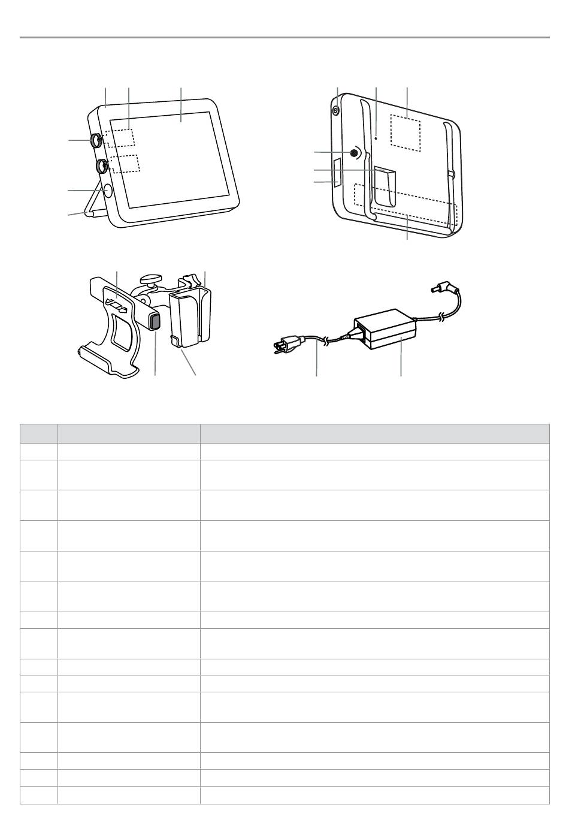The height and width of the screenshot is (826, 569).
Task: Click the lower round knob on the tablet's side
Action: coord(102,165)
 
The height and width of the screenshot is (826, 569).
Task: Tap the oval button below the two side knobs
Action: coord(108,191)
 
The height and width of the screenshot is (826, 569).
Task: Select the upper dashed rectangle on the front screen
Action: coord(120,138)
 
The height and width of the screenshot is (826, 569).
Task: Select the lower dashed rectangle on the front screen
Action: coord(124,163)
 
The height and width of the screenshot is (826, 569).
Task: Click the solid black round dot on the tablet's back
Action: coord(354,153)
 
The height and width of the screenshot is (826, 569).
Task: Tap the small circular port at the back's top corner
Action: coord(335,110)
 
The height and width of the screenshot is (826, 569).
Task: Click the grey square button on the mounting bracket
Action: coord(155,322)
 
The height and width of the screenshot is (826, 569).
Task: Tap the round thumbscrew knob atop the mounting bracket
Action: coord(151,278)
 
